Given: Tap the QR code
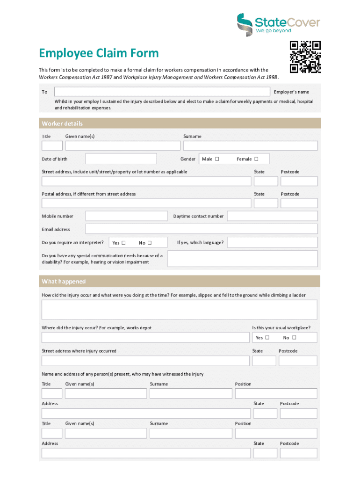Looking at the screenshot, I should pos(305,57).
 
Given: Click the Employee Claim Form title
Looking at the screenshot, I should pos(99,53).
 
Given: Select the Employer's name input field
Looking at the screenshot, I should pos(162,92).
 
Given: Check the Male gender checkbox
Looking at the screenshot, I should pos(217,159).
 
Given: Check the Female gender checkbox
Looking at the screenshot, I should pos(256,159).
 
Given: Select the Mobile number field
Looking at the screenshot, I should pos(126,216).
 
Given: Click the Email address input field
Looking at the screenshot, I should pos(201,229).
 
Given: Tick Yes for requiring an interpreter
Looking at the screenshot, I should pos(123,243).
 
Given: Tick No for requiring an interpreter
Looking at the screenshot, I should pos(150,243).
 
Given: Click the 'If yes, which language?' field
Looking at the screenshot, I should pos(272,242).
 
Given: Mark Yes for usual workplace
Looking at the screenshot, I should pos(267,337).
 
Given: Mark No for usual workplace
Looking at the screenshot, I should pos(294,337).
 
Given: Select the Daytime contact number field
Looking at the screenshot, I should pos(272,216).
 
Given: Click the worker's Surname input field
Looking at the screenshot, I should pos(250,146).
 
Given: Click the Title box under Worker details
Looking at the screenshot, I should pos(52,146).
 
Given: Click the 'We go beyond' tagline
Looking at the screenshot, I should pos(273,31).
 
